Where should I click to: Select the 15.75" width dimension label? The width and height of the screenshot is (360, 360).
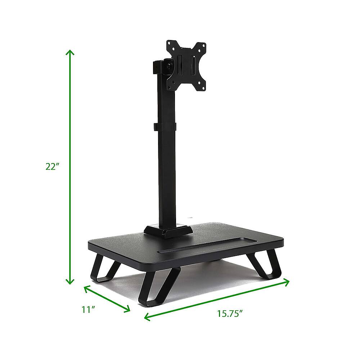(229, 314)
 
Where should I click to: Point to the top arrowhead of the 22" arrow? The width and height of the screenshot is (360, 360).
(70, 52)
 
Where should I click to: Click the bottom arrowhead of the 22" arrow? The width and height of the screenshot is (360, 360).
(70, 282)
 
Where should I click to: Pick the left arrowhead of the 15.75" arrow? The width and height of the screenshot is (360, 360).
(146, 317)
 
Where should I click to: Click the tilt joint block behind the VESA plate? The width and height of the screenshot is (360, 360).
(161, 67)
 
